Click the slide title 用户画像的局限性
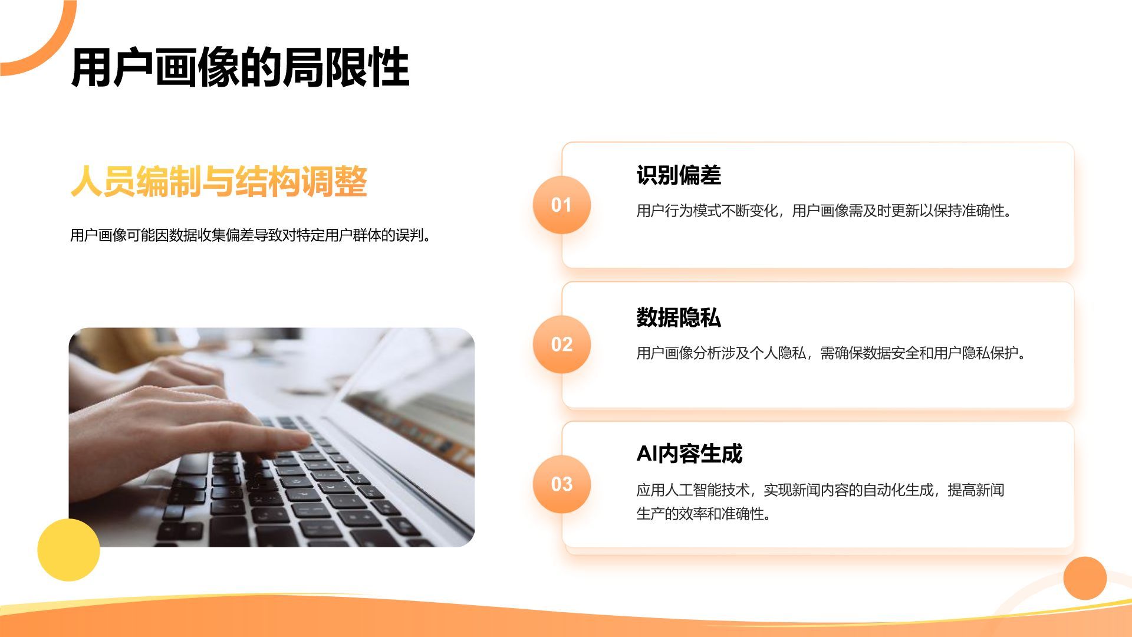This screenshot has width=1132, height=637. [240, 67]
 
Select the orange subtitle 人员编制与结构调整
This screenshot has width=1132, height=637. [219, 181]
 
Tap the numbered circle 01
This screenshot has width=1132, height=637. [561, 205]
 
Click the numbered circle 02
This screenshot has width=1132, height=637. [561, 344]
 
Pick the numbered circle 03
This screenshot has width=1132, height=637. [561, 484]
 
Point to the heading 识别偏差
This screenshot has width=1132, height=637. [679, 175]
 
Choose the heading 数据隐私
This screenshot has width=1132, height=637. [679, 317]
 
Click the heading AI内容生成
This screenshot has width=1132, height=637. [689, 454]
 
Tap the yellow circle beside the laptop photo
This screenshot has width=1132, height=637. [68, 550]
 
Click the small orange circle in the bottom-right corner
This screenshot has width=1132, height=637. [1085, 578]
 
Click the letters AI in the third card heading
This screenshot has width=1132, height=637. [647, 454]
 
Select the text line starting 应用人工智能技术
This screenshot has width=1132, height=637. [820, 490]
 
